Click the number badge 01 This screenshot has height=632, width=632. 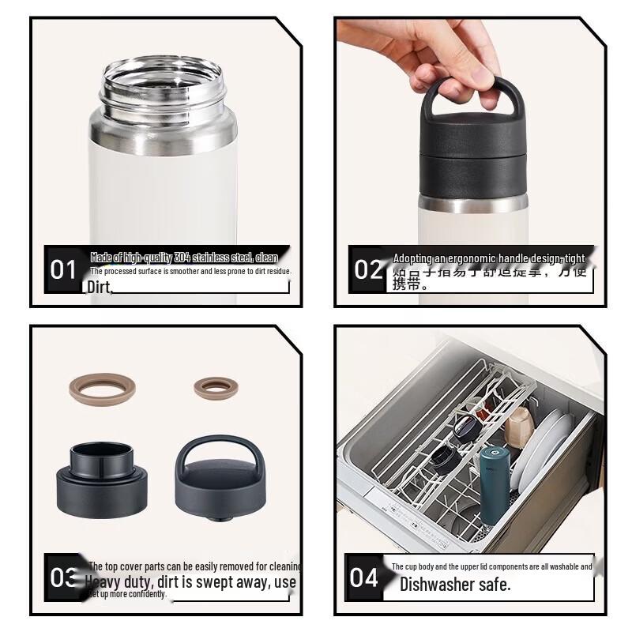pyautogui.click(x=63, y=269)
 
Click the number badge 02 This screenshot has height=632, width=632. pyautogui.click(x=368, y=269)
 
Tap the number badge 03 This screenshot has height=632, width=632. pyautogui.click(x=63, y=577)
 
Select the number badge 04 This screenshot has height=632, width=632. pyautogui.click(x=364, y=577)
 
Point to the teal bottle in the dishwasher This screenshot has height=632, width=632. pyautogui.click(x=495, y=485)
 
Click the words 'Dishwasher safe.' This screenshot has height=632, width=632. pyautogui.click(x=455, y=585)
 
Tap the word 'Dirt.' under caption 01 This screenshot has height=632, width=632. pyautogui.click(x=100, y=288)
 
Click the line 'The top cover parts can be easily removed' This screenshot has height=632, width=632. pyautogui.click(x=194, y=566)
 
